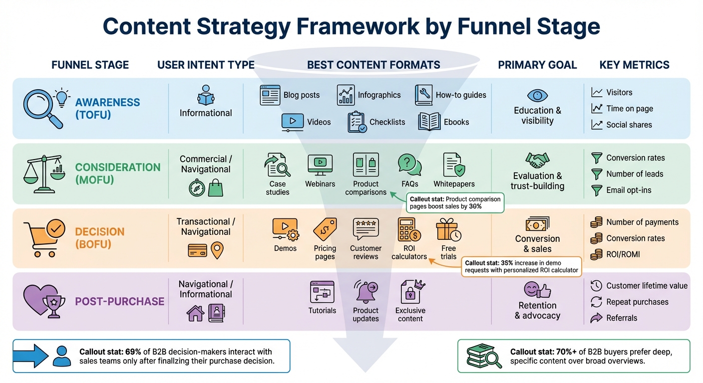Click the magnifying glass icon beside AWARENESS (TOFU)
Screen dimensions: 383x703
tap(42, 108)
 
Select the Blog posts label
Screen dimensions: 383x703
tap(301, 95)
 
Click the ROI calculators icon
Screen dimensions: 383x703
tap(409, 229)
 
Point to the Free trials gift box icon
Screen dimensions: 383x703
tap(448, 229)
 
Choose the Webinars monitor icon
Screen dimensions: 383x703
tap(320, 165)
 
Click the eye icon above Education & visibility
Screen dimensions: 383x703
tap(537, 95)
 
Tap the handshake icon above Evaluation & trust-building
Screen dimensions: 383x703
tap(537, 161)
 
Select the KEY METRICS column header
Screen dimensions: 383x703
tap(634, 65)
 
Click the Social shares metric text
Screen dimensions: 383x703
tap(629, 125)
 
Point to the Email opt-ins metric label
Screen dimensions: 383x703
tap(629, 190)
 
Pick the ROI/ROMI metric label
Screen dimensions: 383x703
tap(623, 254)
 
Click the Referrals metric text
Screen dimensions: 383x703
tap(622, 318)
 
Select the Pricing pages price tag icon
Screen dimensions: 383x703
tap(325, 229)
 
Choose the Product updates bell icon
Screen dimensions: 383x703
tap(365, 291)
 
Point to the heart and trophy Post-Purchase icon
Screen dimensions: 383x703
tap(44, 301)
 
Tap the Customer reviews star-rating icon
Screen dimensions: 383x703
tap(365, 229)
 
